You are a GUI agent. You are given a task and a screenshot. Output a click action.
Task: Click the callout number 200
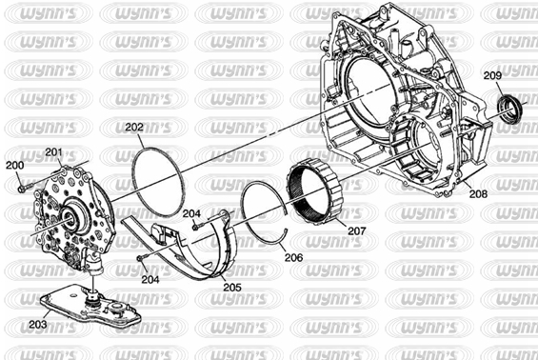point(14,165)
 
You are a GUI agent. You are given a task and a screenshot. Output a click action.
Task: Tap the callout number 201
point(54,152)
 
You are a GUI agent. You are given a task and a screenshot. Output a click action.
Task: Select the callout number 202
point(134,127)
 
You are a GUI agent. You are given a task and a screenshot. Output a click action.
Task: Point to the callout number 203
point(38,324)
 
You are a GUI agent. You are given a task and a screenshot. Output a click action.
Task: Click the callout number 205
point(232,287)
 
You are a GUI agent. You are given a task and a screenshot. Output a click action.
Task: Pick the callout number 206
point(293,257)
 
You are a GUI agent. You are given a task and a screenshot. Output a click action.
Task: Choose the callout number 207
point(357,231)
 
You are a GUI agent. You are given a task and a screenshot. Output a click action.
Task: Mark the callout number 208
point(478,194)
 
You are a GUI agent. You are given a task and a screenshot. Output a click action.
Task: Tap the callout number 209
point(492,75)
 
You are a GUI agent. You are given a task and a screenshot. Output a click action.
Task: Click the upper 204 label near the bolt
point(191,213)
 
